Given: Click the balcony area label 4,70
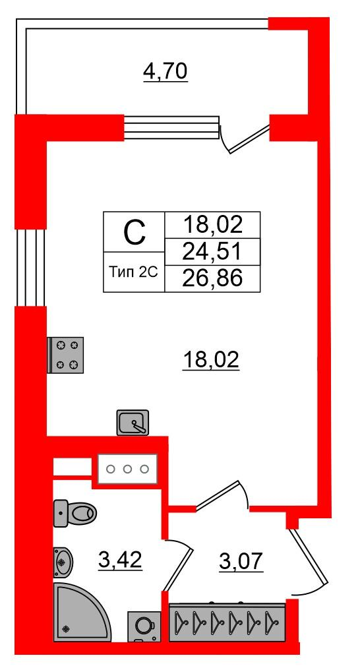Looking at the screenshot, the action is [x=165, y=72].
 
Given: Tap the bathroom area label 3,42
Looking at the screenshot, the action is [x=120, y=561].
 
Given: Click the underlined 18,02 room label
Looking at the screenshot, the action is [x=211, y=361].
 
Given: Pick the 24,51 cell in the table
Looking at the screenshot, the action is [x=212, y=252].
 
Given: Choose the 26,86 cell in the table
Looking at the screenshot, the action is [x=212, y=279].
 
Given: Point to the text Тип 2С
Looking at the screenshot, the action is [x=135, y=272].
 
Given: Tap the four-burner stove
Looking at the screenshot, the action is [x=66, y=355].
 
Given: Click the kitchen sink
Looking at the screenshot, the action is [x=133, y=423].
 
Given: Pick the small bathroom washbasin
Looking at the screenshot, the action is [x=63, y=562].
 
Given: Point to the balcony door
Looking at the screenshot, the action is [x=246, y=138].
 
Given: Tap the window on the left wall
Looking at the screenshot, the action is [x=31, y=268].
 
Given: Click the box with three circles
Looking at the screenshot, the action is [x=127, y=469].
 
